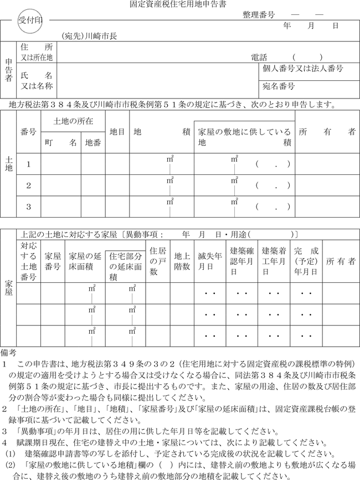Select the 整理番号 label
click(x=259, y=16)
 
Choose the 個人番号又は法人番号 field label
click(x=304, y=69)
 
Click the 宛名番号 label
click(x=279, y=86)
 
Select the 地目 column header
click(x=117, y=132)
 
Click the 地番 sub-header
click(x=92, y=142)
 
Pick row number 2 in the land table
click(x=29, y=185)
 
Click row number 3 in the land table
click(x=29, y=207)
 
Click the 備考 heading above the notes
click(x=11, y=352)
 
